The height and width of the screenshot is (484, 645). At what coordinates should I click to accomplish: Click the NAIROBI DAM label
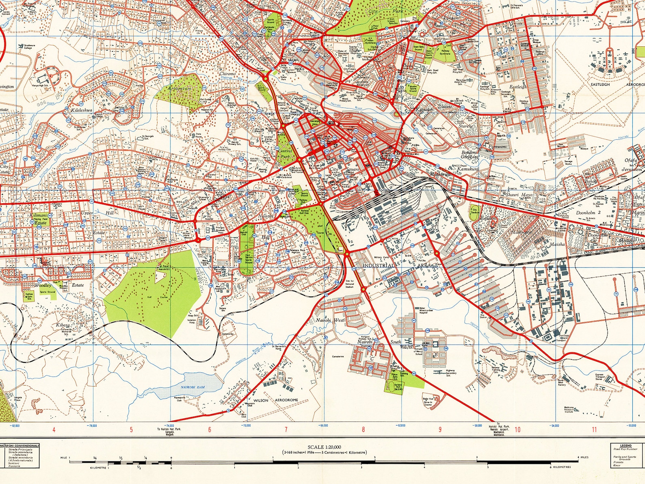[x=193, y=387]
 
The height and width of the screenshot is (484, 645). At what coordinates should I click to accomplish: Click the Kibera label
[x=63, y=325]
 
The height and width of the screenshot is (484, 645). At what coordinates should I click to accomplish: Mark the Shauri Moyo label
[x=519, y=195]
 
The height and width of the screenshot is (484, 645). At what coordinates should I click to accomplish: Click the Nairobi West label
[x=330, y=320]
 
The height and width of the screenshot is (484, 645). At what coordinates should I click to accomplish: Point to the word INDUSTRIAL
[x=378, y=265]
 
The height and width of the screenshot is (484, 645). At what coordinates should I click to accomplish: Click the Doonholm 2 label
[x=588, y=213]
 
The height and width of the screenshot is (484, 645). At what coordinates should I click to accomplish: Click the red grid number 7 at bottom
[x=286, y=430]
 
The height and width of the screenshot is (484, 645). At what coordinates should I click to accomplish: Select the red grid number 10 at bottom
[x=517, y=430]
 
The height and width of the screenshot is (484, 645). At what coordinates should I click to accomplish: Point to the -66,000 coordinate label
[x=323, y=426]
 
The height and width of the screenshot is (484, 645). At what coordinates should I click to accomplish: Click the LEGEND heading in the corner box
[x=626, y=446]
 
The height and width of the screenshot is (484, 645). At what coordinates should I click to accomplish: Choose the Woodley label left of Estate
[x=43, y=285]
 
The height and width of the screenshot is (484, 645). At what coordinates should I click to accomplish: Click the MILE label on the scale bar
[x=63, y=457]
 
